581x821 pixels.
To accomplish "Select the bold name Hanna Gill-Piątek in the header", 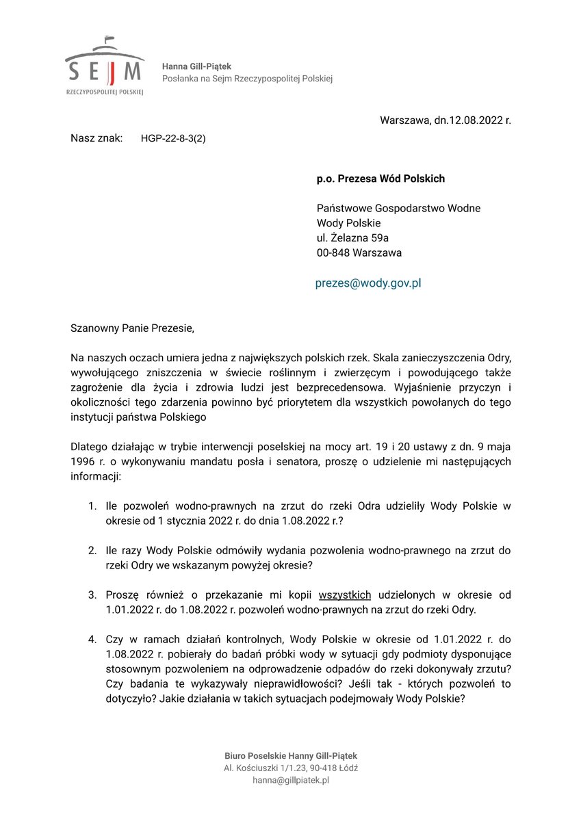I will (196, 66).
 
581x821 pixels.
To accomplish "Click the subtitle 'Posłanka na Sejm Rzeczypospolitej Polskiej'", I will (247, 79).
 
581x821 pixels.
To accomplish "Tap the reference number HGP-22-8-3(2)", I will (173, 138).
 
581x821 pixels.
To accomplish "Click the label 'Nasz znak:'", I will (96, 138).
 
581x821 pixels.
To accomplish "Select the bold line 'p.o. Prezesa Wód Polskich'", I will (380, 179).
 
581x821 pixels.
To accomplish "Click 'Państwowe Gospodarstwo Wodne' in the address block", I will (398, 208).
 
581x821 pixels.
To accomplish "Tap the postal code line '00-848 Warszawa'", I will (359, 252).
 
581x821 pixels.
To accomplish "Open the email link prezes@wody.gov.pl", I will (368, 283).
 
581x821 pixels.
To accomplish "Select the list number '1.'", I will (92, 506).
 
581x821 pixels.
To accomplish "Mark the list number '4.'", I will (92, 639).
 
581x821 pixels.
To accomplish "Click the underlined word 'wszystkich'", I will (345, 595).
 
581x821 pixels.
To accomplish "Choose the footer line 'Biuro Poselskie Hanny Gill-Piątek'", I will (291, 755).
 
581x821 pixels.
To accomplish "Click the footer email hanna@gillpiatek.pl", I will (291, 780).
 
